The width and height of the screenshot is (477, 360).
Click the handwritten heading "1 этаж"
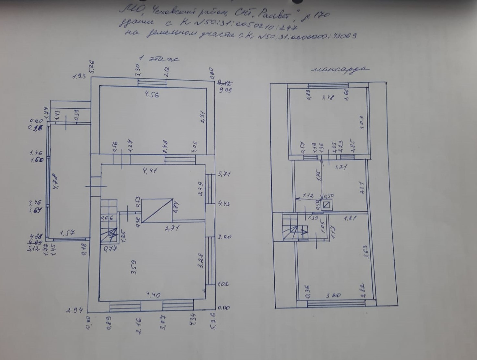159,59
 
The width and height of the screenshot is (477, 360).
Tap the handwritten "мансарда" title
340,69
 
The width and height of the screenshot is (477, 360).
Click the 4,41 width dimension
150,170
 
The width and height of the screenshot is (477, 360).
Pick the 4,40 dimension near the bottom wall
153,295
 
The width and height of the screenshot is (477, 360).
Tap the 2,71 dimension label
172,228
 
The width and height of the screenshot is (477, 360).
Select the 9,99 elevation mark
225,90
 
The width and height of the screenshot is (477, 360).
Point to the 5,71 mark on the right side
224,174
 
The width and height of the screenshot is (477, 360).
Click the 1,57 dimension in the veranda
68,232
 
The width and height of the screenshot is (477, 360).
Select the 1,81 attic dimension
350,218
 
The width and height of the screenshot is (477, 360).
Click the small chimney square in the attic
327,205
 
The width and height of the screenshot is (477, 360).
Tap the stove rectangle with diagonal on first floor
157,210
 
